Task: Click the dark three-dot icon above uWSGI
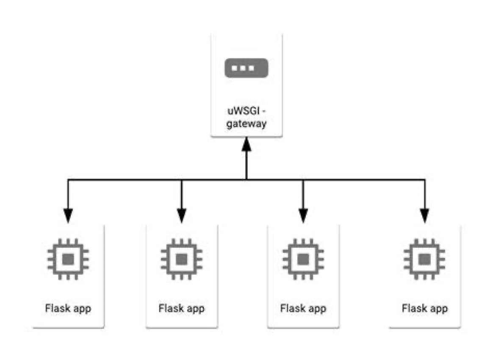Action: click(246, 68)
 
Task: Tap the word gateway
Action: click(246, 125)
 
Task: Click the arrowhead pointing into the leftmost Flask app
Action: click(68, 215)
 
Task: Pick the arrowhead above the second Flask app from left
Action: click(181, 215)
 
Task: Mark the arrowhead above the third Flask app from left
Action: click(302, 215)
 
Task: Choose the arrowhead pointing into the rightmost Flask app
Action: click(424, 215)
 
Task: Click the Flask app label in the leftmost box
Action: click(68, 308)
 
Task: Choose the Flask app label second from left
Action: click(181, 308)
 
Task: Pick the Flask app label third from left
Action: click(303, 308)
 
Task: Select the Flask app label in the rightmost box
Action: click(424, 308)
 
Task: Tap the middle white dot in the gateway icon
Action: click(246, 68)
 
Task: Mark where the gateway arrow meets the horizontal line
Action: click(246, 180)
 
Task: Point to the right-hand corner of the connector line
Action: click(424, 180)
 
